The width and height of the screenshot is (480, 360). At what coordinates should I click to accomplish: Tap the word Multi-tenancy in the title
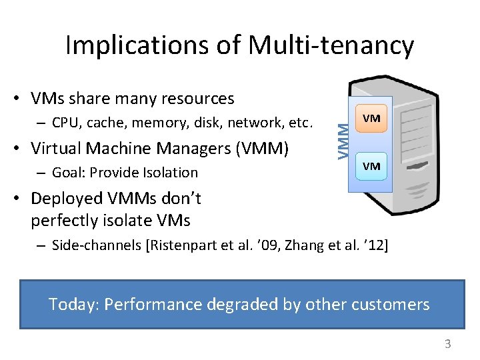click(331, 45)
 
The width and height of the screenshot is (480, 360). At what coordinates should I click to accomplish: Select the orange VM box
click(371, 119)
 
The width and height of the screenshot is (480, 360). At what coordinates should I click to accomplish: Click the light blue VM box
click(371, 166)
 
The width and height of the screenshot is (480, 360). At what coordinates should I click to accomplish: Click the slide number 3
click(448, 344)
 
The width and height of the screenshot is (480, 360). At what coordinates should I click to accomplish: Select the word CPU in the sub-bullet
click(64, 123)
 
